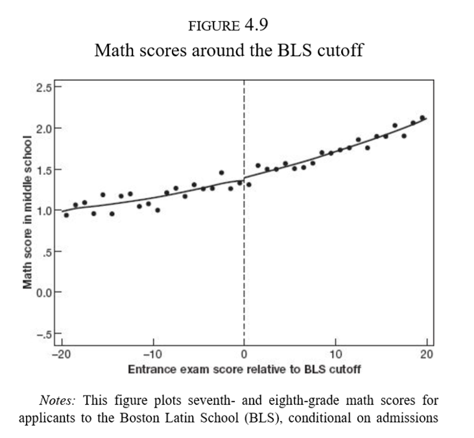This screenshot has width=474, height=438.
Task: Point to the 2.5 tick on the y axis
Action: tap(43, 86)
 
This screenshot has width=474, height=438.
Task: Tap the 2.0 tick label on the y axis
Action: tap(43, 128)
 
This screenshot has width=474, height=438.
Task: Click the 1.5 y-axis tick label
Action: tap(43, 169)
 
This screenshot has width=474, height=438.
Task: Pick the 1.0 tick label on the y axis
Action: tap(43, 211)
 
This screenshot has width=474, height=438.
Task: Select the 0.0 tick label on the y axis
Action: tap(43, 293)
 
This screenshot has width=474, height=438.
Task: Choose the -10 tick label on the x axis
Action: tap(152, 355)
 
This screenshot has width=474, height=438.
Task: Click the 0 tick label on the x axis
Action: tap(244, 355)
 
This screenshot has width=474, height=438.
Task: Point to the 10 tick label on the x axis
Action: tap(335, 355)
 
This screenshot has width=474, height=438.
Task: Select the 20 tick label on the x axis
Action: tap(427, 355)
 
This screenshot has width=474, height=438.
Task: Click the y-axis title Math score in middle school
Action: tap(27, 212)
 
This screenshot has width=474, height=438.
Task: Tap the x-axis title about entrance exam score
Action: tap(244, 370)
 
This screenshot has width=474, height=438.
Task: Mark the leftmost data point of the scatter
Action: tap(66, 214)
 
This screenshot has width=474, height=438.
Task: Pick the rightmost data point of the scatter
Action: tap(422, 118)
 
